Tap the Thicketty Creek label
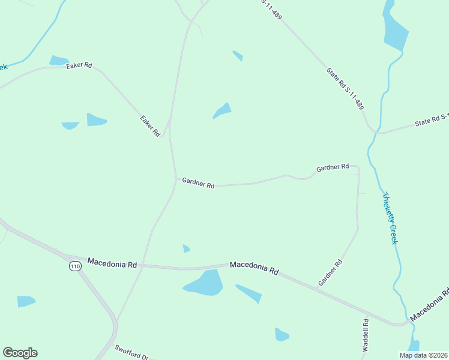(390, 218)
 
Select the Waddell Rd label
(365, 335)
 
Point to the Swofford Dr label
(131, 352)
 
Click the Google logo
(20, 353)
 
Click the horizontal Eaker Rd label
(79, 65)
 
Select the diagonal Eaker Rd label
(150, 125)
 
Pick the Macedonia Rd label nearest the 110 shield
(112, 263)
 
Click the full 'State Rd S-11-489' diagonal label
(345, 88)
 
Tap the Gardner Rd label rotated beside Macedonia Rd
(330, 272)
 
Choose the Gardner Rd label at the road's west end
(198, 182)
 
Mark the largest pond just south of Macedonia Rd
(205, 283)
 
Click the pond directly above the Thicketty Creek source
(395, 31)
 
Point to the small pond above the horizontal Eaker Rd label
(59, 60)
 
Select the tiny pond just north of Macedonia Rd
(186, 248)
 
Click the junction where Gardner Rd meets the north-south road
(176, 178)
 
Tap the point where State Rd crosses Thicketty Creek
(376, 130)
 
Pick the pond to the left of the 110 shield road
(26, 301)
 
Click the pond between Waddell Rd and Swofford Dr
(282, 334)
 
